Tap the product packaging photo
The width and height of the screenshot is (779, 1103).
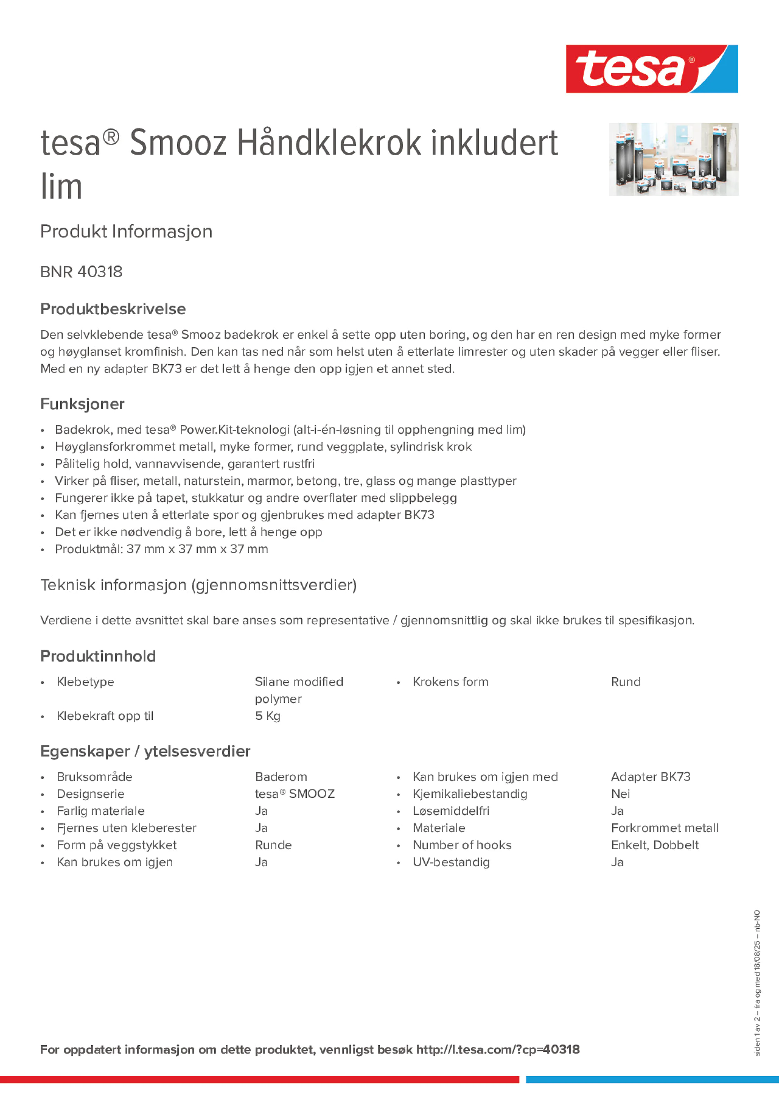(x=673, y=159)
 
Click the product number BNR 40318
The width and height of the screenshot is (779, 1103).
(x=81, y=272)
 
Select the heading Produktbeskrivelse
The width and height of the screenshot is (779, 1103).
(x=113, y=309)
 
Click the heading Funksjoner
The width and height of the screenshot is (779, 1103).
(x=82, y=404)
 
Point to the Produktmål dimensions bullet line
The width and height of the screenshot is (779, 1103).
(x=161, y=549)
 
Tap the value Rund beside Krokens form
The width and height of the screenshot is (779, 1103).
(x=625, y=682)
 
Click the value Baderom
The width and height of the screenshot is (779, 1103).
(x=281, y=777)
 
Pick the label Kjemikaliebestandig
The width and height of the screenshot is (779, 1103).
(x=470, y=794)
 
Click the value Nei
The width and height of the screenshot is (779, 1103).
(x=620, y=794)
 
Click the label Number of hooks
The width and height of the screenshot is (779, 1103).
(x=462, y=845)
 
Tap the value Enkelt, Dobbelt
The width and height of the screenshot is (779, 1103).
(x=655, y=845)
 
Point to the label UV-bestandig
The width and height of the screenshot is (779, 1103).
(x=451, y=862)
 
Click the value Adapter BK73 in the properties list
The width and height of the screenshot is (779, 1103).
(x=650, y=777)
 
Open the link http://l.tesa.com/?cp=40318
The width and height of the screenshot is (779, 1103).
(x=497, y=1050)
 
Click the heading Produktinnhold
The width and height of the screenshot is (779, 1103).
(x=98, y=656)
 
